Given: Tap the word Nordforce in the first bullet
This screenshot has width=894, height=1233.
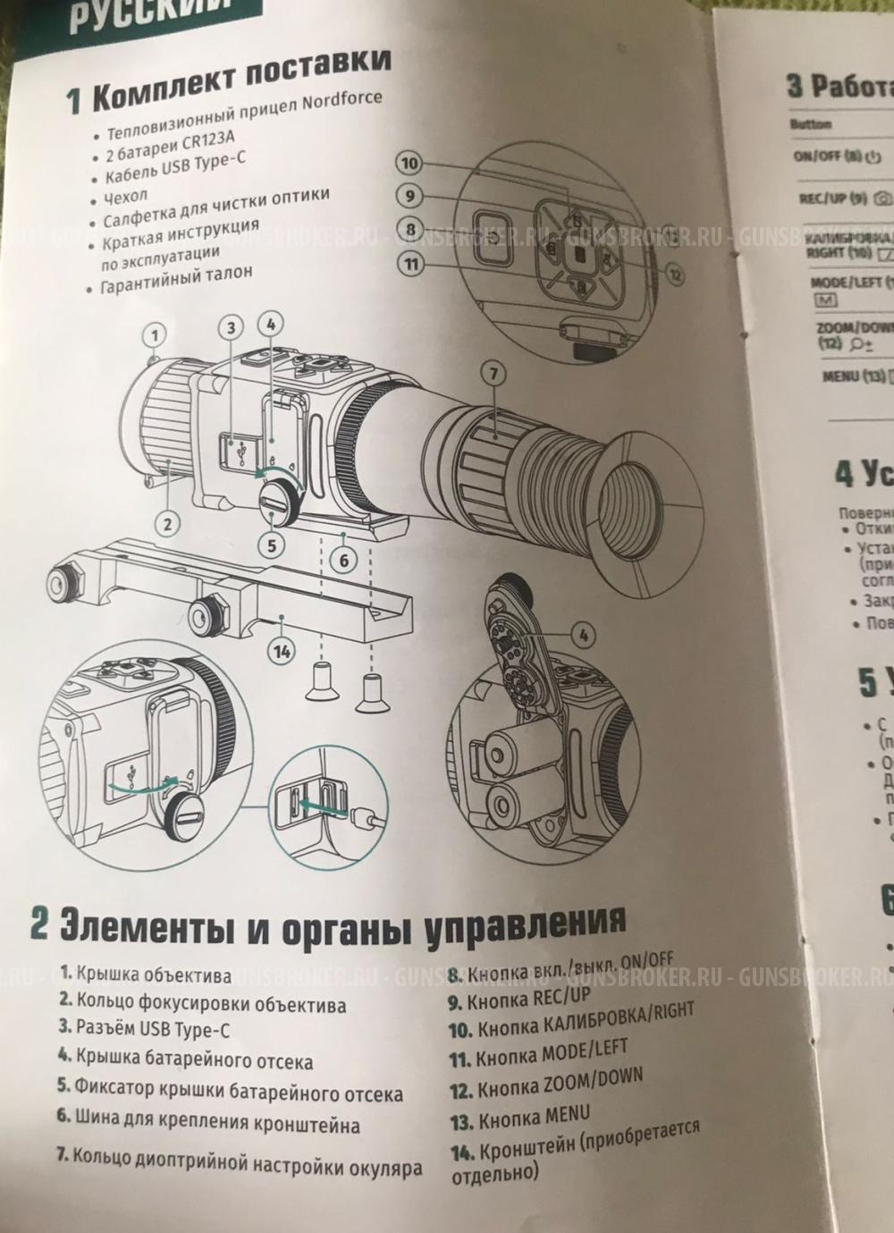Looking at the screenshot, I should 342,99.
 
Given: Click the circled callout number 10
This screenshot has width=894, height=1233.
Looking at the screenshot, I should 409,164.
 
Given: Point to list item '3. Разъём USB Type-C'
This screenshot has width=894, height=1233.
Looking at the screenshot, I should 145,1029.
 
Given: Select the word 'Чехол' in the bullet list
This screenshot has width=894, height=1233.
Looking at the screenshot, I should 125,196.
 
